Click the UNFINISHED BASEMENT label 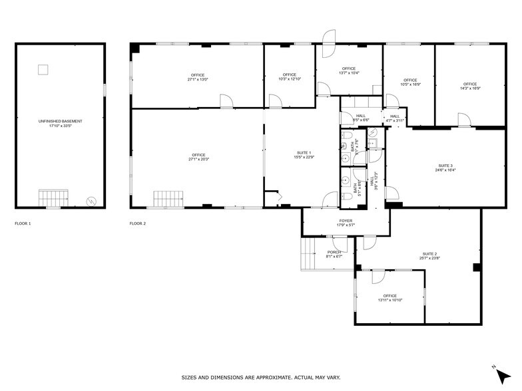click(x=60, y=121)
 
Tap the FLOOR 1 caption click(x=23, y=223)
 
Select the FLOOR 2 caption click(x=138, y=223)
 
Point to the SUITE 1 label click(x=304, y=154)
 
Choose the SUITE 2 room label click(x=429, y=254)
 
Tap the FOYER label click(x=346, y=221)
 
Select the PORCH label click(x=334, y=252)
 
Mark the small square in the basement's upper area click(x=43, y=68)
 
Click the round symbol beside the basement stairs click(x=91, y=201)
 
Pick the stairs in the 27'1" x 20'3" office click(x=168, y=199)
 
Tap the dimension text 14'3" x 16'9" click(x=471, y=88)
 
